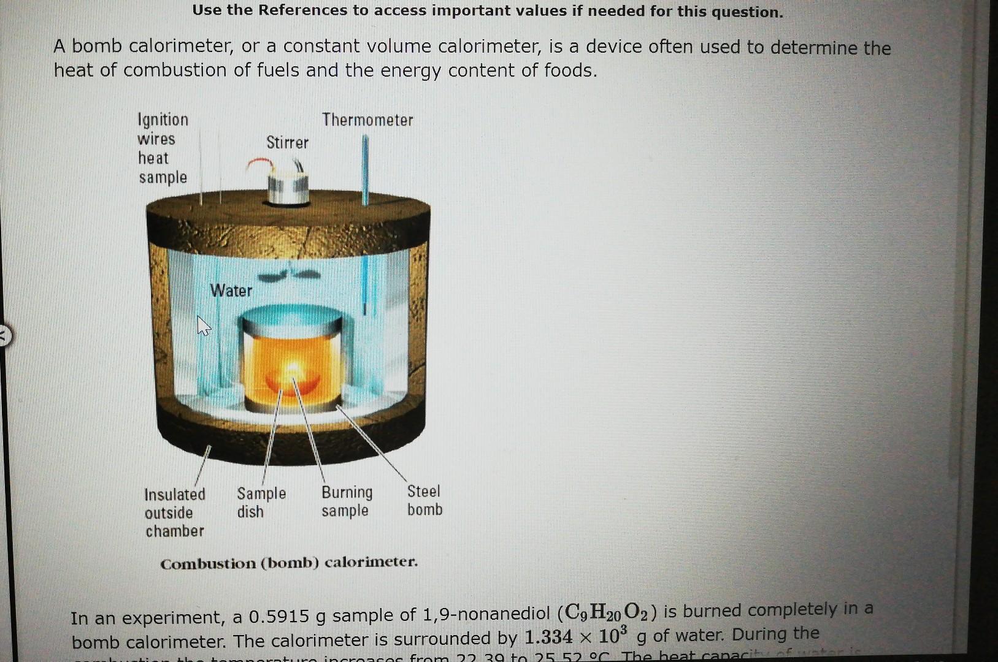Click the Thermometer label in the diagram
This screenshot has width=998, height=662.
367,120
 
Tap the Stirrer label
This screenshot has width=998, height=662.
287,143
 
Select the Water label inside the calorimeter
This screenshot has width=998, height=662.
231,291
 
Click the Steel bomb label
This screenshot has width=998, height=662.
424,500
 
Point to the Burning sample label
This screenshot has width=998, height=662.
347,501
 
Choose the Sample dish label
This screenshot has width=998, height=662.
261,503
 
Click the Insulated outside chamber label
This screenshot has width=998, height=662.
175,512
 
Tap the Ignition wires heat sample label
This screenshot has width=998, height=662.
163,148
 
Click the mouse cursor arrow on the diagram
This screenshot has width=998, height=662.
203,325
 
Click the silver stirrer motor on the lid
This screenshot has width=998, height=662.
287,187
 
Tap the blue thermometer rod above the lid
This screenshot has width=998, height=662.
366,169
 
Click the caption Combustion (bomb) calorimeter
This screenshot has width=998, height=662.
289,563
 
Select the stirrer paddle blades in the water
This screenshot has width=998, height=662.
288,275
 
